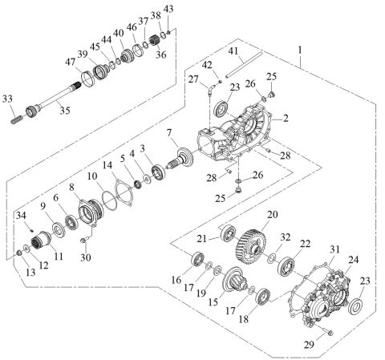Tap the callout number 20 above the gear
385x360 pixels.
click(x=272, y=215)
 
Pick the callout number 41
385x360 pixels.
click(x=233, y=51)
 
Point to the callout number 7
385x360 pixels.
click(x=169, y=131)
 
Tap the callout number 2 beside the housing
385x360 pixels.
click(x=284, y=117)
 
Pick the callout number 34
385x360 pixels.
click(x=19, y=215)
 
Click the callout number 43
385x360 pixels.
click(x=168, y=8)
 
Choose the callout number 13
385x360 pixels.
click(x=21, y=272)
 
